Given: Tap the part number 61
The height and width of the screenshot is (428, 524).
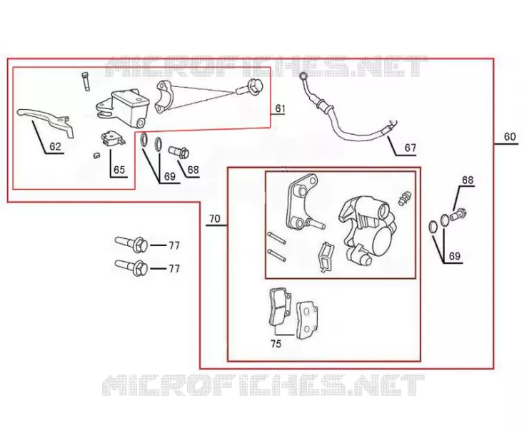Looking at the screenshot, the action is (x=280, y=108).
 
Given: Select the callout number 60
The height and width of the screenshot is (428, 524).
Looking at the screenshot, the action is (x=510, y=136).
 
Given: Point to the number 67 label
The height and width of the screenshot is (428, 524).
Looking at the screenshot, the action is (x=410, y=148).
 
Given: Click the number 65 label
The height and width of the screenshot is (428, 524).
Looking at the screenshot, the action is (x=119, y=170).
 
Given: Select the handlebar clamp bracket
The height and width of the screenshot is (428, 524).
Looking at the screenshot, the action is (x=166, y=98).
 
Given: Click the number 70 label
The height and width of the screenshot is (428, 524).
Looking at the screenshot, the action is (x=215, y=219).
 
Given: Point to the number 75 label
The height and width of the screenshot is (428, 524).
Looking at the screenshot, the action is (x=276, y=344).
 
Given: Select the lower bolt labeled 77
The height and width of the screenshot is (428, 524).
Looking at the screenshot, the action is (x=131, y=267).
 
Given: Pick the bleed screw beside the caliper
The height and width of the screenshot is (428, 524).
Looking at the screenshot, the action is (x=403, y=198).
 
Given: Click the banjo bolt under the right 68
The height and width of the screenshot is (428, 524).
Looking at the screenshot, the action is (x=458, y=215).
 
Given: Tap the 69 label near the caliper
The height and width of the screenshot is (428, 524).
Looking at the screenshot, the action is (x=455, y=256).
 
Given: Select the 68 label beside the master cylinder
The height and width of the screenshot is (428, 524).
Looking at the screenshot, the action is (x=193, y=170).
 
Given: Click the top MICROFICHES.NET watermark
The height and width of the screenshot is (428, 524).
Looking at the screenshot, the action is (x=266, y=67).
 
